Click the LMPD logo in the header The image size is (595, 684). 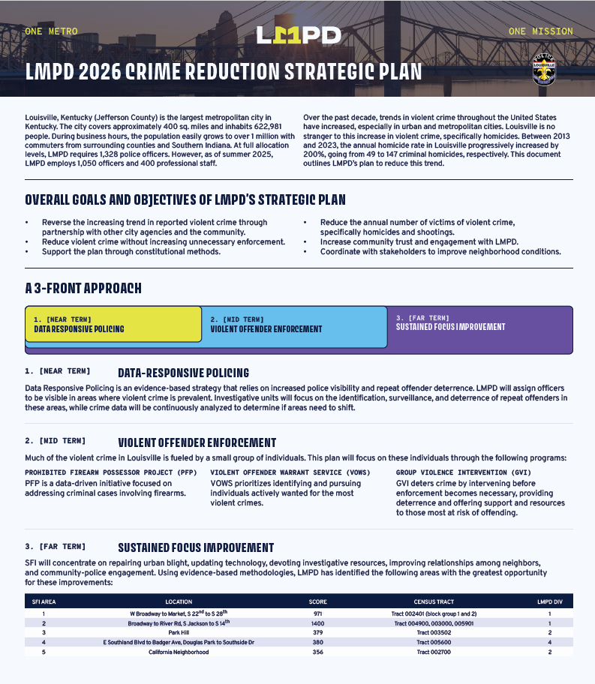299,34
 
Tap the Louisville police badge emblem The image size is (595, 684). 544,69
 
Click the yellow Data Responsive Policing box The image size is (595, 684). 113,324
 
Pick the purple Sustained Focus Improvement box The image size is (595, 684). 479,324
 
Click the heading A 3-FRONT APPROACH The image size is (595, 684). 83,289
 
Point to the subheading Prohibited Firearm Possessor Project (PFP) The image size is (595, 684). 111,472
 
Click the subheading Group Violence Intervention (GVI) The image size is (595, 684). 464,472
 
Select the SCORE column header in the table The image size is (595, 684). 318,601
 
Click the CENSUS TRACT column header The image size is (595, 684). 434,601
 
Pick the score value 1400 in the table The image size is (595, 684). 317,623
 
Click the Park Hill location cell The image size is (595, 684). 179,632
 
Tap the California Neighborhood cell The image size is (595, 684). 179,652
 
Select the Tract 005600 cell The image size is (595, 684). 434,642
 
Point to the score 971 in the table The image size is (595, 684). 317,613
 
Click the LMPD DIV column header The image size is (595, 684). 549,601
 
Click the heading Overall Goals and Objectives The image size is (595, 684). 185,200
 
